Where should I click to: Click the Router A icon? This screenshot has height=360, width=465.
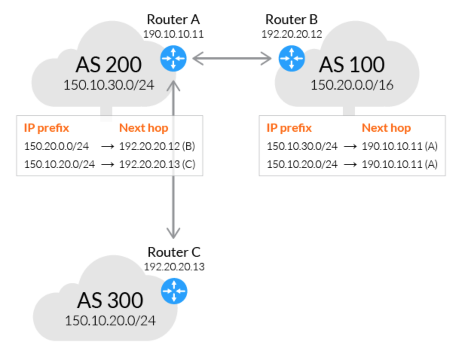click(x=173, y=58)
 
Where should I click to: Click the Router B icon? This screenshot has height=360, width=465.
click(x=292, y=58)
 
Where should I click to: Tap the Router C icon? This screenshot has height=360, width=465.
click(x=174, y=291)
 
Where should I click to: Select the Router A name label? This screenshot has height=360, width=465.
click(x=173, y=20)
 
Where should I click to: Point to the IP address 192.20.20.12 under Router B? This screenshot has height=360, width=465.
click(x=292, y=34)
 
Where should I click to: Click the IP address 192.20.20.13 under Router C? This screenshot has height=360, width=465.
click(x=174, y=267)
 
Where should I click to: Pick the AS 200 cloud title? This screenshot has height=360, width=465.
click(x=109, y=64)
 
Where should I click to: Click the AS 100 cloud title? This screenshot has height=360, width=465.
click(x=352, y=64)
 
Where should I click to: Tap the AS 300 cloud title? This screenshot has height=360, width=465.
click(x=110, y=301)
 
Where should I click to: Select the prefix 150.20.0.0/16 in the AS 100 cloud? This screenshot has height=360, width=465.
click(x=352, y=85)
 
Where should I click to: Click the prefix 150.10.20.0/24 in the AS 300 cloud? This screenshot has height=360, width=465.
click(x=110, y=321)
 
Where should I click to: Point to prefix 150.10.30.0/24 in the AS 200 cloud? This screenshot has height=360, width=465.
click(x=109, y=85)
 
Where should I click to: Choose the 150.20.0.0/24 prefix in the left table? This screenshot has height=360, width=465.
click(x=57, y=146)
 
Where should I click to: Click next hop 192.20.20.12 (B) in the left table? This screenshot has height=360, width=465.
click(x=157, y=146)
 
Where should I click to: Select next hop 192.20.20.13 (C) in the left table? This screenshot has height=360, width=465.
click(x=157, y=165)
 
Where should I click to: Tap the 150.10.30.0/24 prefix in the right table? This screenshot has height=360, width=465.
click(x=302, y=146)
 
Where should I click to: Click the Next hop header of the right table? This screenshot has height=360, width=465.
click(x=386, y=128)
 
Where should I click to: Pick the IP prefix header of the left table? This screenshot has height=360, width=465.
click(x=46, y=128)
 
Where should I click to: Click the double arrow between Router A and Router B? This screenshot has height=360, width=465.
click(x=232, y=58)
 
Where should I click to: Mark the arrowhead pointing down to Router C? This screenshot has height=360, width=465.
click(x=173, y=233)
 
